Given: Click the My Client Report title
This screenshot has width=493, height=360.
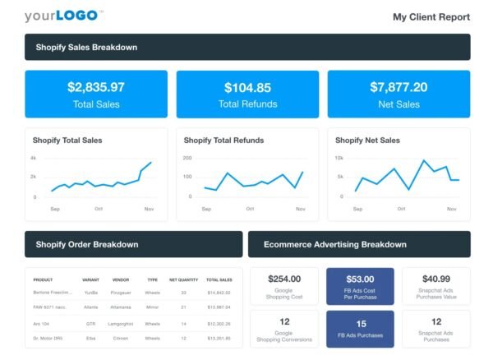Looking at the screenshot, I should (x=431, y=16).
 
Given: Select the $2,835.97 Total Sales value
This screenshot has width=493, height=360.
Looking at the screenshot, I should (x=96, y=87).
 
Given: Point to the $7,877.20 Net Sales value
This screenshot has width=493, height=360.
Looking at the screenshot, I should (x=399, y=87).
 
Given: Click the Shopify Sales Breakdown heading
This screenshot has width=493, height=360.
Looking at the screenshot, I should (x=86, y=47).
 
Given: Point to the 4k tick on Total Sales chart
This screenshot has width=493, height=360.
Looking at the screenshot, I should (x=34, y=157).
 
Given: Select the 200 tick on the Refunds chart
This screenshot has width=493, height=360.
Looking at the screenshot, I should (x=187, y=157).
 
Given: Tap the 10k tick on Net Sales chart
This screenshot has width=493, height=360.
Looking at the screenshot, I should (x=339, y=157).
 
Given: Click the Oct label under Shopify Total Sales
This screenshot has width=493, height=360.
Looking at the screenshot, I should (x=99, y=209).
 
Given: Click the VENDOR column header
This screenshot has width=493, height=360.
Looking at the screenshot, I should (x=121, y=279).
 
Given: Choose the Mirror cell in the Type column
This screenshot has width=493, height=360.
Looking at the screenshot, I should (x=152, y=306).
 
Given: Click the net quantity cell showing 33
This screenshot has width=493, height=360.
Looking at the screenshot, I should (x=183, y=292).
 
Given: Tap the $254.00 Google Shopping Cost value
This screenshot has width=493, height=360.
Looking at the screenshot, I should (x=284, y=279).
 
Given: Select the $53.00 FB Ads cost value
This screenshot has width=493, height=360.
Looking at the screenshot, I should (x=360, y=279).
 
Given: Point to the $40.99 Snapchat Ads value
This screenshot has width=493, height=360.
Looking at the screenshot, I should (x=435, y=279).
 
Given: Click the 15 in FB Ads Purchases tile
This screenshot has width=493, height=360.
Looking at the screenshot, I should (x=360, y=323).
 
